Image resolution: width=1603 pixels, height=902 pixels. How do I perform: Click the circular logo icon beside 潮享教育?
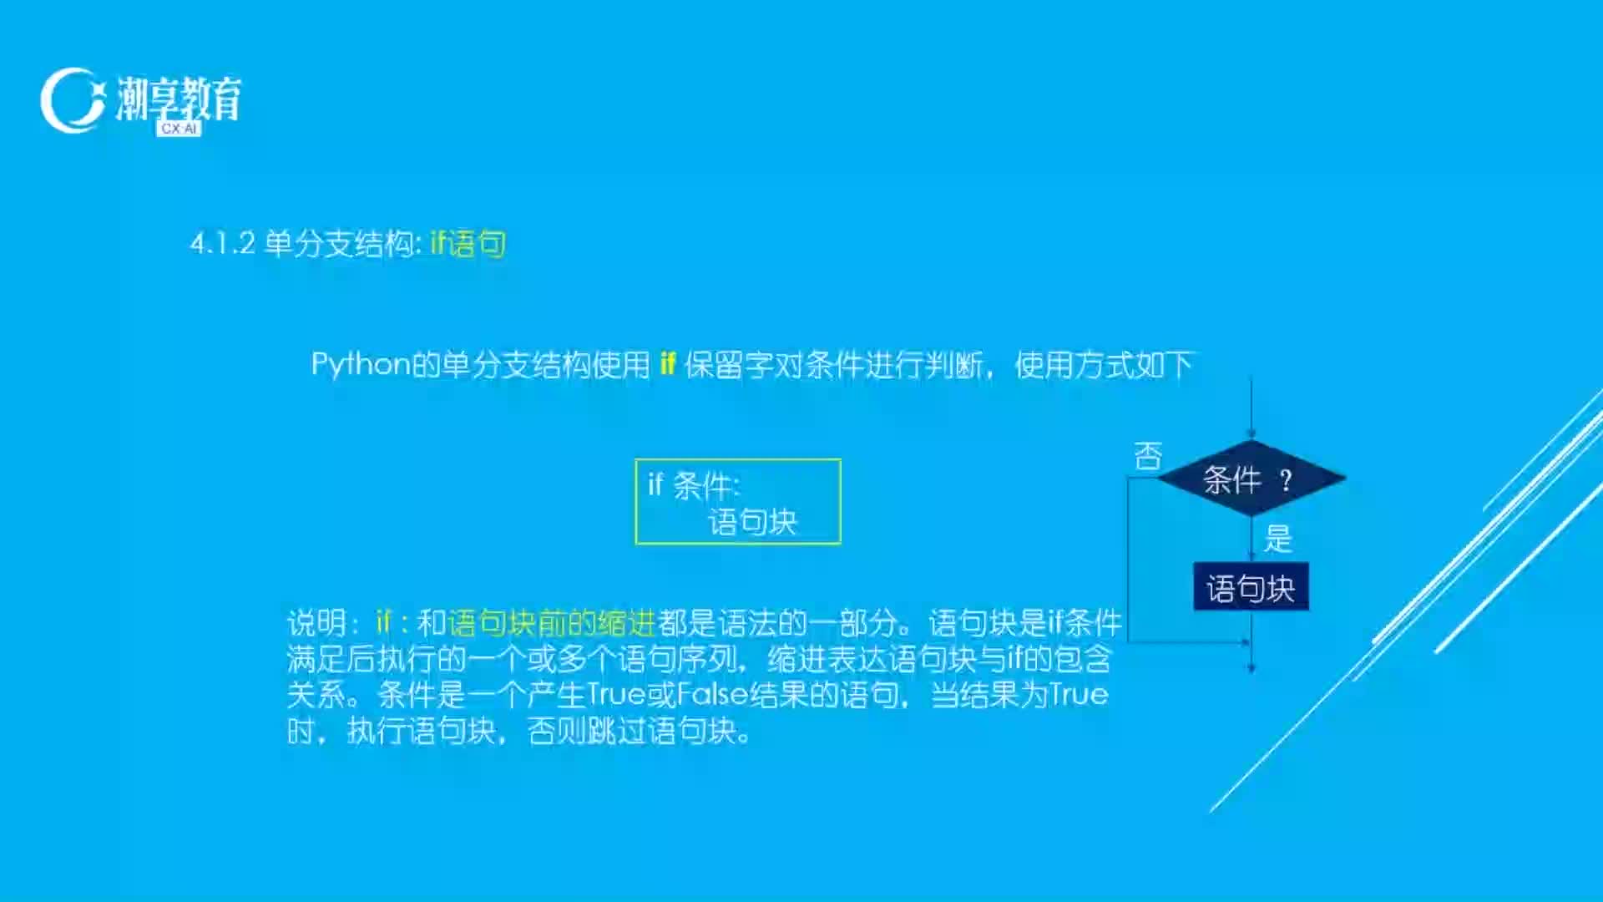(73, 100)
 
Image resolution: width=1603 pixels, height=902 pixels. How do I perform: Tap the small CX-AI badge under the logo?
(179, 129)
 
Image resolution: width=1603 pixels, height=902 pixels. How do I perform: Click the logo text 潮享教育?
(179, 99)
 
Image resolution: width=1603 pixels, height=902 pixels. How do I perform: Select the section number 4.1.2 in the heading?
(223, 244)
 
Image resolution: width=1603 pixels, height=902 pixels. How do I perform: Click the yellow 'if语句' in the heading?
(468, 244)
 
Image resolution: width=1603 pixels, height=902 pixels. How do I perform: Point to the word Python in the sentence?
(361, 365)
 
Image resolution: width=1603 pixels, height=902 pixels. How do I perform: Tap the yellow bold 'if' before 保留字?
(667, 363)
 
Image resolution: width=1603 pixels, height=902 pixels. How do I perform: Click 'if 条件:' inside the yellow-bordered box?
(694, 485)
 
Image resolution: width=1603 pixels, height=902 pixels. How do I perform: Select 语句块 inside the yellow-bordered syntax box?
(753, 522)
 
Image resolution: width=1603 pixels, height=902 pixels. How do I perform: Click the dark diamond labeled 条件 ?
(1251, 479)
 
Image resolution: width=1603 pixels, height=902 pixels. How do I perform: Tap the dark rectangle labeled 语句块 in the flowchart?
(1251, 587)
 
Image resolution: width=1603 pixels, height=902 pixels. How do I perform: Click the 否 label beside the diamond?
(1148, 456)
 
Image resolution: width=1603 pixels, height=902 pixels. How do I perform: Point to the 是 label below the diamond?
(1278, 538)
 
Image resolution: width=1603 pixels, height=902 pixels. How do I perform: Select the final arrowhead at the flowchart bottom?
(1251, 667)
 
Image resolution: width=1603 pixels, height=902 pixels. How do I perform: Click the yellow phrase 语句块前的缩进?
(552, 623)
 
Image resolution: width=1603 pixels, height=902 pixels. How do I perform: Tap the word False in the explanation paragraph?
(712, 695)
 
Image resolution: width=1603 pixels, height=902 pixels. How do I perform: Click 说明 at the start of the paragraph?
(316, 623)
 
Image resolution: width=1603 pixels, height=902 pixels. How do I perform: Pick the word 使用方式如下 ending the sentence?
(1104, 365)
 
